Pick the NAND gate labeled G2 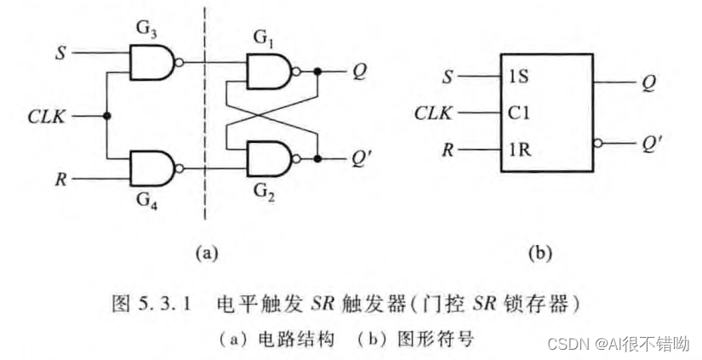tap(267, 157)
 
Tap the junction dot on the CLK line tap(107, 115)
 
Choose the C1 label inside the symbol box tap(515, 112)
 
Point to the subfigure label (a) tap(207, 253)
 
